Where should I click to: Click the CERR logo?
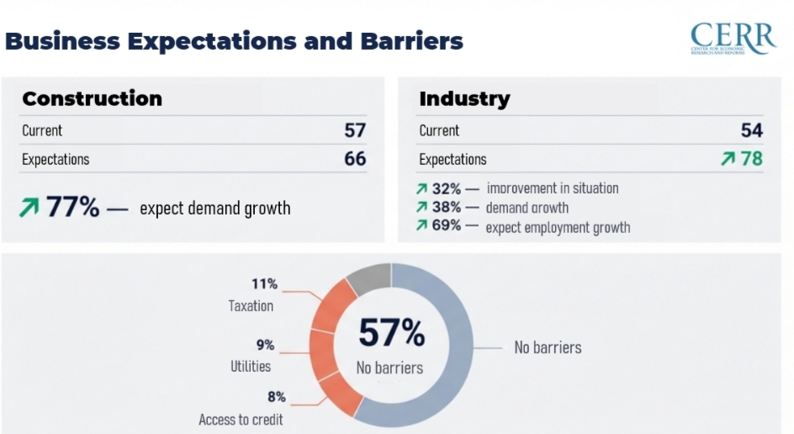tap(732, 39)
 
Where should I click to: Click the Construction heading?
tap(92, 98)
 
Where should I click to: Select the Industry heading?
tap(464, 98)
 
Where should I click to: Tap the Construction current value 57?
tap(355, 130)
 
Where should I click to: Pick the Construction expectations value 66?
tap(355, 159)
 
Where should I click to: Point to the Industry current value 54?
tap(751, 130)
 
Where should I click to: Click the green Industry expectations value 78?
tap(751, 159)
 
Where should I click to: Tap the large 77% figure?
tap(72, 207)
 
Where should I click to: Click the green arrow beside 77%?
tap(29, 208)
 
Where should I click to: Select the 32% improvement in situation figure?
tap(447, 188)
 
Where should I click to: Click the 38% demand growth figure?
tap(447, 207)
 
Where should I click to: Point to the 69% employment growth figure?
tap(447, 225)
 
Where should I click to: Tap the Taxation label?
tap(251, 306)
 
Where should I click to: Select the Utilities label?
tap(251, 367)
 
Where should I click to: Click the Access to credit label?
tap(241, 420)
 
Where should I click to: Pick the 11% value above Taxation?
tap(264, 284)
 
